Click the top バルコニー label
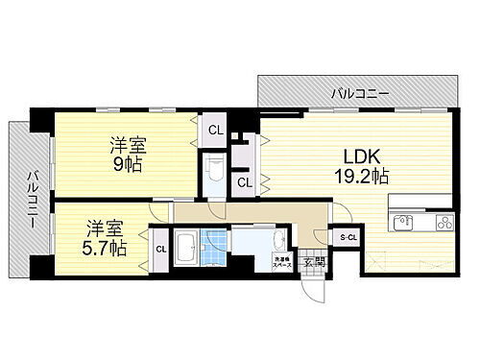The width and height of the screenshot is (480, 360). [360, 93]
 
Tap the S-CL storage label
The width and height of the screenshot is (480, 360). [346, 236]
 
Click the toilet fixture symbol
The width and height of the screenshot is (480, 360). [214, 174]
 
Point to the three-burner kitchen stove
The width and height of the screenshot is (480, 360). [444, 223]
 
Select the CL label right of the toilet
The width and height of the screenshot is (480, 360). [245, 181]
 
